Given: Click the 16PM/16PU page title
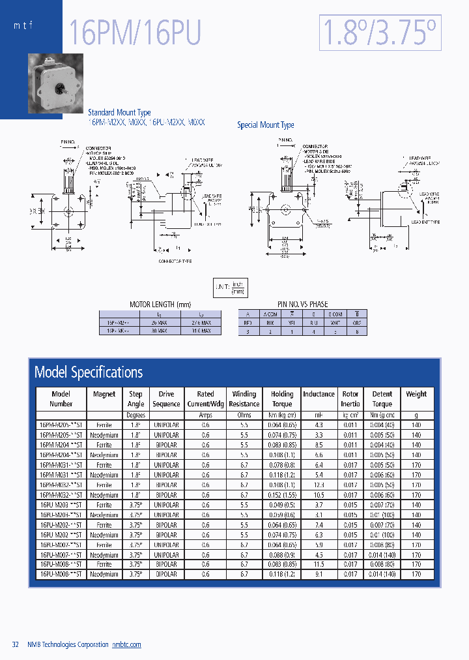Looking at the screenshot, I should coord(135,33).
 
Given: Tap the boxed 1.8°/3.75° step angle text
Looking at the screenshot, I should coord(380,33).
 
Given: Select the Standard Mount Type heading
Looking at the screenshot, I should coord(119,112).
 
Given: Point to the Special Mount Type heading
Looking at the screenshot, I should coord(265,125).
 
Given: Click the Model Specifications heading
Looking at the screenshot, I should coord(89,372).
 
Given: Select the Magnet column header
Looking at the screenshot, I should coord(104,394).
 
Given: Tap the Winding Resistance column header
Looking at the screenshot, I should coord(244,398).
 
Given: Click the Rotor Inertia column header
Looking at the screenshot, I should coord(350,398).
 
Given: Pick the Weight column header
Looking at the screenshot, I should coord(416,394).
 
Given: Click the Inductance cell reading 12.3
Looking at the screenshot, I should coord(319,485).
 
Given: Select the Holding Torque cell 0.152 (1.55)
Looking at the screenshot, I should coord(282,495).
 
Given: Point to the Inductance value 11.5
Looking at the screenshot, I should coord(319,564).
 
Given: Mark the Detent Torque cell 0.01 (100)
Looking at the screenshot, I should coord(382,535).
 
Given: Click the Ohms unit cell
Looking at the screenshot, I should coord(244,414).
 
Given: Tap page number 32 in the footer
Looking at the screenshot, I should coord(16,644).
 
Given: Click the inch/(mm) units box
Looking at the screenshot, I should coord(231,288).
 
